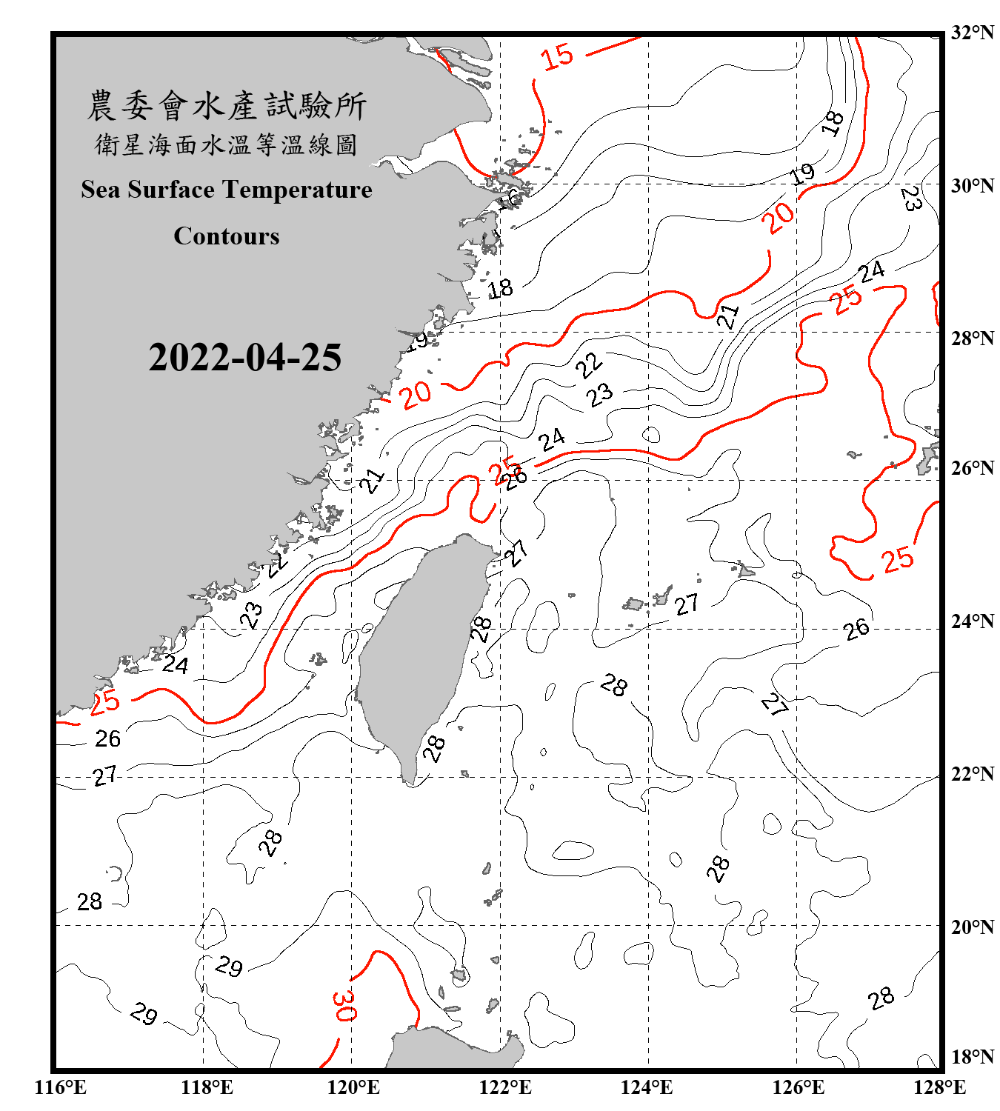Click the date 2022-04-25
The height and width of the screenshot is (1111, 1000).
pyautogui.click(x=244, y=358)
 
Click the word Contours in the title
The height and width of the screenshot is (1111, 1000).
pyautogui.click(x=227, y=236)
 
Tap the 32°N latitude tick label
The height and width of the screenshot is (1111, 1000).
pyautogui.click(x=973, y=33)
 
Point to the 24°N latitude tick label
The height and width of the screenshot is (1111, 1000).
pyautogui.click(x=973, y=621)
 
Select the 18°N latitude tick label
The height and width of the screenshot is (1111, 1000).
pyautogui.click(x=973, y=1057)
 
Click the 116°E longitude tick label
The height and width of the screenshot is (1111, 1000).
pyautogui.click(x=61, y=1087)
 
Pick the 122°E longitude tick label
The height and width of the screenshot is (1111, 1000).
pyautogui.click(x=505, y=1087)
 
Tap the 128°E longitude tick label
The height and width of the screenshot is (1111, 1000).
pyautogui.click(x=939, y=1087)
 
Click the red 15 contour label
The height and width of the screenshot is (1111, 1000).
pyautogui.click(x=557, y=56)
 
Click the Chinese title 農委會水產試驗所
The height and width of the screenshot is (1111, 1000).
pyautogui.click(x=227, y=106)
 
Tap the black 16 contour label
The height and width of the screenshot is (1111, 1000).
pyautogui.click(x=509, y=198)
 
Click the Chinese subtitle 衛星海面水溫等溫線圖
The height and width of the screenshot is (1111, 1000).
pyautogui.click(x=227, y=144)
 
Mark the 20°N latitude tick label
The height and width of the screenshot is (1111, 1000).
pyautogui.click(x=973, y=927)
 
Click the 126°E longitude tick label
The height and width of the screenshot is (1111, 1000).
pyautogui.click(x=799, y=1087)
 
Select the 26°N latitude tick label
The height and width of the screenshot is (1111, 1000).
pyautogui.click(x=973, y=468)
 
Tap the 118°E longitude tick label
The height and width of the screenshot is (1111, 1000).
pyautogui.click(x=207, y=1087)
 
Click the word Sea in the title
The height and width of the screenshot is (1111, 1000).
pyautogui.click(x=101, y=190)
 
